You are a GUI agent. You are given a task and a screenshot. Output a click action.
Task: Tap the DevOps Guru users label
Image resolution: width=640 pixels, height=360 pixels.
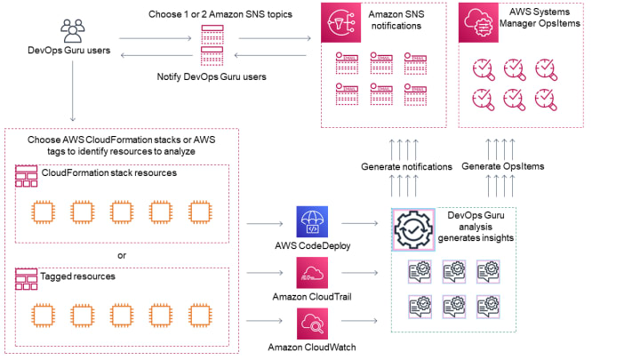[x=69, y=51]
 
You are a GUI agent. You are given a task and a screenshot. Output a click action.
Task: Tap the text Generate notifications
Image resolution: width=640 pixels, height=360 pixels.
[x=406, y=166]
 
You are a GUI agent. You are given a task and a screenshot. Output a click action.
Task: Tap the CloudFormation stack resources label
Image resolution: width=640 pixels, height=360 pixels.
[x=108, y=172]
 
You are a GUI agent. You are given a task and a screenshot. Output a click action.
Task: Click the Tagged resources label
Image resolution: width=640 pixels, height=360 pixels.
[x=78, y=276]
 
